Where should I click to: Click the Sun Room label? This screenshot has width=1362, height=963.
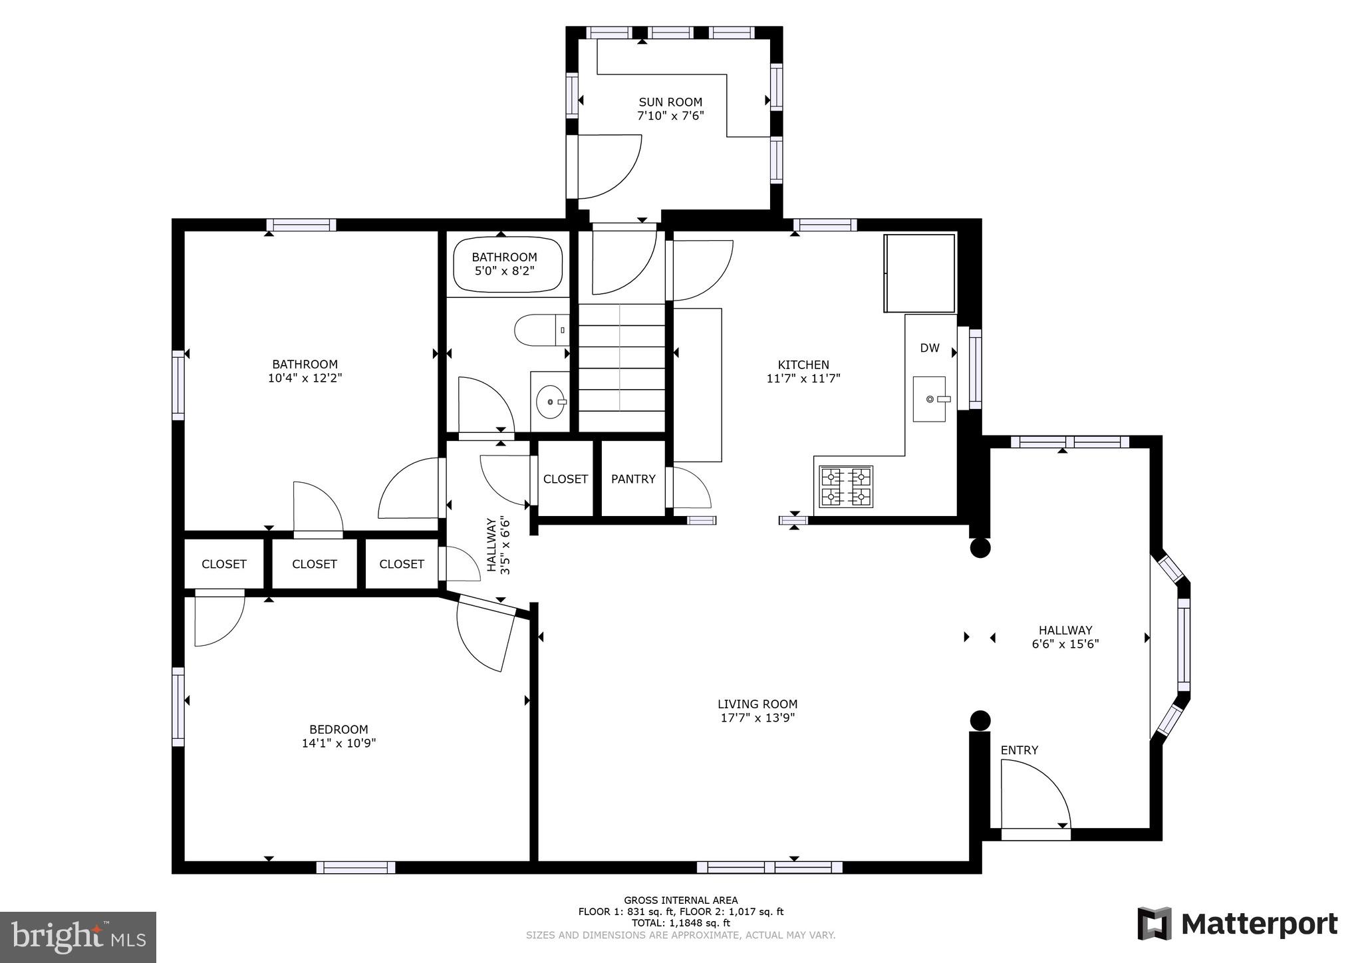(x=670, y=102)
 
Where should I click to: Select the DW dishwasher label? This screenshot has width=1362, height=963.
(x=930, y=348)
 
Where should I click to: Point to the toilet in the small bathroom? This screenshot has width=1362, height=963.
(x=540, y=331)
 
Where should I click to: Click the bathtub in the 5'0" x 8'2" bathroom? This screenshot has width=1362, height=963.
(x=507, y=265)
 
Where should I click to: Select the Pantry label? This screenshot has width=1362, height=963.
(x=633, y=479)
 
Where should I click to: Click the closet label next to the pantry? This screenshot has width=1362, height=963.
(x=565, y=479)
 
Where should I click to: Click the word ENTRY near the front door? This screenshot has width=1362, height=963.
(x=1019, y=750)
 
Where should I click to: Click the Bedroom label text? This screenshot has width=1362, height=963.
(x=339, y=730)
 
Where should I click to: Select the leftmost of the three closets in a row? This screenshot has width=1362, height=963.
(x=224, y=564)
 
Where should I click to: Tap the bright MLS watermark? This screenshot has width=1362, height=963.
(x=78, y=937)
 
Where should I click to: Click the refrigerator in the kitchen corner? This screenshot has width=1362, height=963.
(x=919, y=273)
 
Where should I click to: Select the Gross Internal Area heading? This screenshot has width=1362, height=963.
(x=680, y=900)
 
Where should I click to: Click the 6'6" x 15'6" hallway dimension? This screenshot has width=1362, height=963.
(x=1065, y=644)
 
